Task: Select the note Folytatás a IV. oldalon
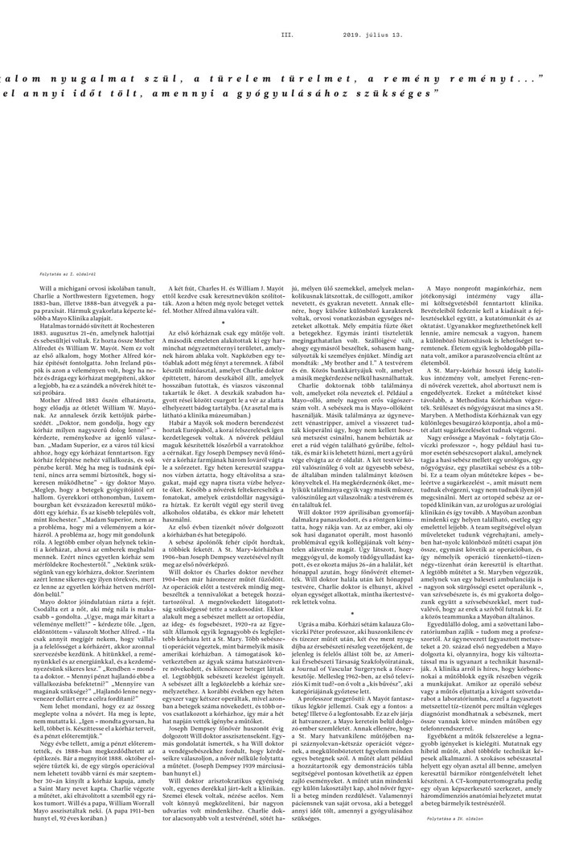(521, 839)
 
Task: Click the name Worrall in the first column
(137, 811)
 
